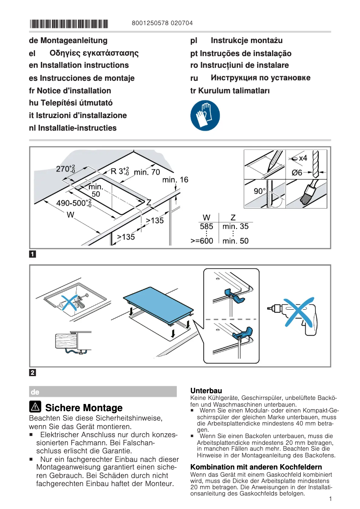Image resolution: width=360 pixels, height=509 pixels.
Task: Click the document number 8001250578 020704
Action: coord(163,23)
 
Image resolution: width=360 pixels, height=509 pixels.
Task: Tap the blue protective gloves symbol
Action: coord(205,116)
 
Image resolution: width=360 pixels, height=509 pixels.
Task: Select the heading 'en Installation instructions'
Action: coord(79,66)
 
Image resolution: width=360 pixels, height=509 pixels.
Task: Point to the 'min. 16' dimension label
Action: coord(175,180)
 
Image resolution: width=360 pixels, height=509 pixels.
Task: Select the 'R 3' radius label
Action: coord(120,171)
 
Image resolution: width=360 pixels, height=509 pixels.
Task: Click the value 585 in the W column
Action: coord(206,227)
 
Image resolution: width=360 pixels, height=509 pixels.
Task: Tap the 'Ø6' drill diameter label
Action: coord(297,173)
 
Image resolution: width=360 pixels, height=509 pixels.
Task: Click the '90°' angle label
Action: coord(259,191)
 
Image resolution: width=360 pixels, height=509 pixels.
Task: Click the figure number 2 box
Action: coord(33,373)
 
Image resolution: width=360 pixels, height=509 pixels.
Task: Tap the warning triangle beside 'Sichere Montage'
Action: coord(36,407)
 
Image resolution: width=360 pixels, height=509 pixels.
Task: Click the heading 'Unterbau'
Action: coord(206,391)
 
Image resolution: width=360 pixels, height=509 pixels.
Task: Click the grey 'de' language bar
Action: coord(103,391)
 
